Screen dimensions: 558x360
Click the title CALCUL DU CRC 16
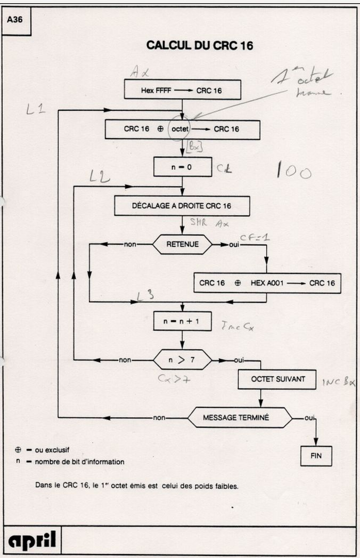(x=199, y=46)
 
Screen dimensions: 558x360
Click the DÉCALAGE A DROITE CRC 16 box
(x=182, y=205)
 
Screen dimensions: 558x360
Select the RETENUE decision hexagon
(x=182, y=245)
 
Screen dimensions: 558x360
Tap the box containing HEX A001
(x=267, y=284)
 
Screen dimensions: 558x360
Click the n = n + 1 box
(x=183, y=321)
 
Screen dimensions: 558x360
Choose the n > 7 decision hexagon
(x=182, y=360)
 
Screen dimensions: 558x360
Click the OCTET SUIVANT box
(x=271, y=379)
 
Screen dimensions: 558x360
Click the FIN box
(x=316, y=456)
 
